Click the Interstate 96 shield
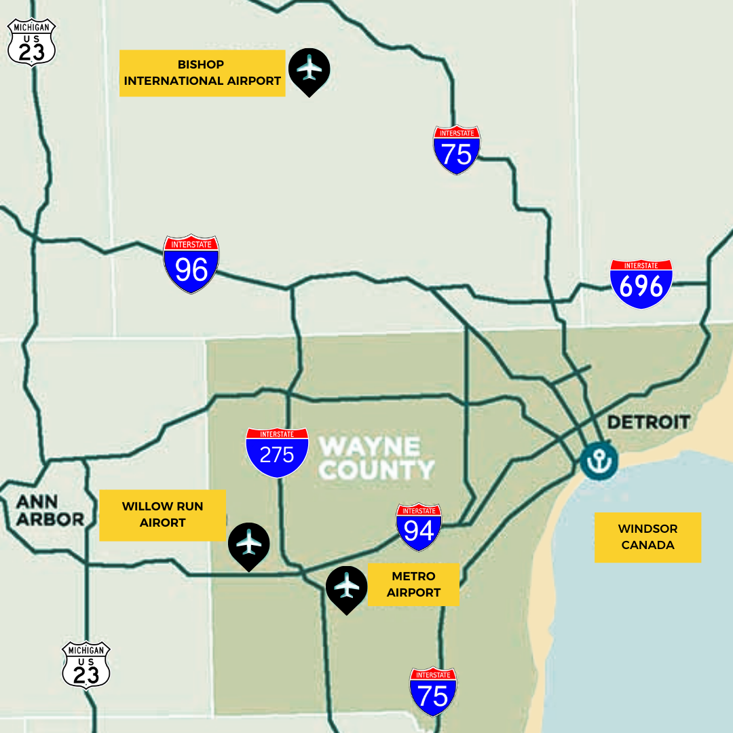click(x=191, y=264)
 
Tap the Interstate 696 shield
click(x=641, y=284)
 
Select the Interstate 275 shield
click(x=277, y=452)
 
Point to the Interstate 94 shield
click(x=419, y=527)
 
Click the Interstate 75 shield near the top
click(x=457, y=150)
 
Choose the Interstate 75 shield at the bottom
click(x=433, y=692)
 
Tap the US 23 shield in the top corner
click(x=31, y=42)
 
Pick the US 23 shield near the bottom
click(x=86, y=665)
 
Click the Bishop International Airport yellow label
click(x=202, y=73)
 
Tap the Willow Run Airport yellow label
click(x=163, y=515)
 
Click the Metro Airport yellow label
click(x=413, y=584)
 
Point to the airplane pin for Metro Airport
click(x=347, y=588)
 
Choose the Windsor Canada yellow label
click(x=647, y=537)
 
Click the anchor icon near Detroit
click(x=599, y=462)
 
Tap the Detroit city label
click(x=648, y=422)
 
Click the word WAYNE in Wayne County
click(x=370, y=447)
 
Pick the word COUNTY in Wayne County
click(x=377, y=470)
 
